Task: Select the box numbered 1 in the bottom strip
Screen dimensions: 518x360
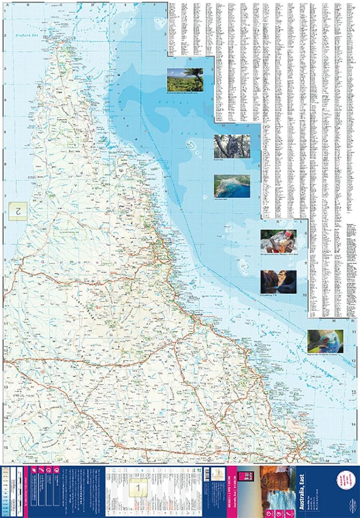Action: pos(138,487)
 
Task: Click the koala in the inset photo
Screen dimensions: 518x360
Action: pos(228,146)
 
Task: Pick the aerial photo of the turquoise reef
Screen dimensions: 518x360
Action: pos(232,185)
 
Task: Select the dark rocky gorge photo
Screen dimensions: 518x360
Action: pos(278,281)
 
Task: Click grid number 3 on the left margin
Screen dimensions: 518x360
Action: pos(5,68)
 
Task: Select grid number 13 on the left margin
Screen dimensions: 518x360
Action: pos(5,386)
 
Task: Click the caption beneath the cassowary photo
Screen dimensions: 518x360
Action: pos(325,355)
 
